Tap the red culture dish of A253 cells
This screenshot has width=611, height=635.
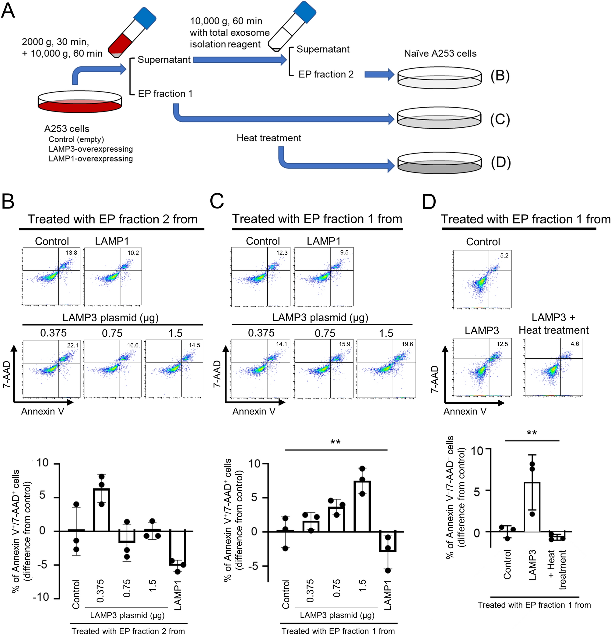tap(80, 102)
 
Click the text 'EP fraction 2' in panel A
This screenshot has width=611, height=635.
tap(326, 74)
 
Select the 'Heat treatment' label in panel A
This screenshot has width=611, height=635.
tap(269, 138)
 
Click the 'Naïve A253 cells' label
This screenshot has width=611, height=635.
tap(440, 53)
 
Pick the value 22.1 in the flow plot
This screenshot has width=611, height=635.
tap(72, 345)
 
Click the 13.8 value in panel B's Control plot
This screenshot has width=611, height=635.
tap(71, 253)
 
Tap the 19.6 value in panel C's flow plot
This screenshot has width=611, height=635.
tap(407, 344)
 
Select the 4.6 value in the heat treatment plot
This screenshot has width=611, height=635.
tap(575, 344)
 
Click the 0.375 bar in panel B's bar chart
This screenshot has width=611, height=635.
tap(102, 510)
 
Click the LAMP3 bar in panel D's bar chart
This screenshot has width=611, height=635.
tap(532, 507)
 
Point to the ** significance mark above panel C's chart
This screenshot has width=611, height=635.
tap(335, 442)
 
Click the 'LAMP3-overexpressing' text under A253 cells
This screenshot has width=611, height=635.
tap(90, 149)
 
